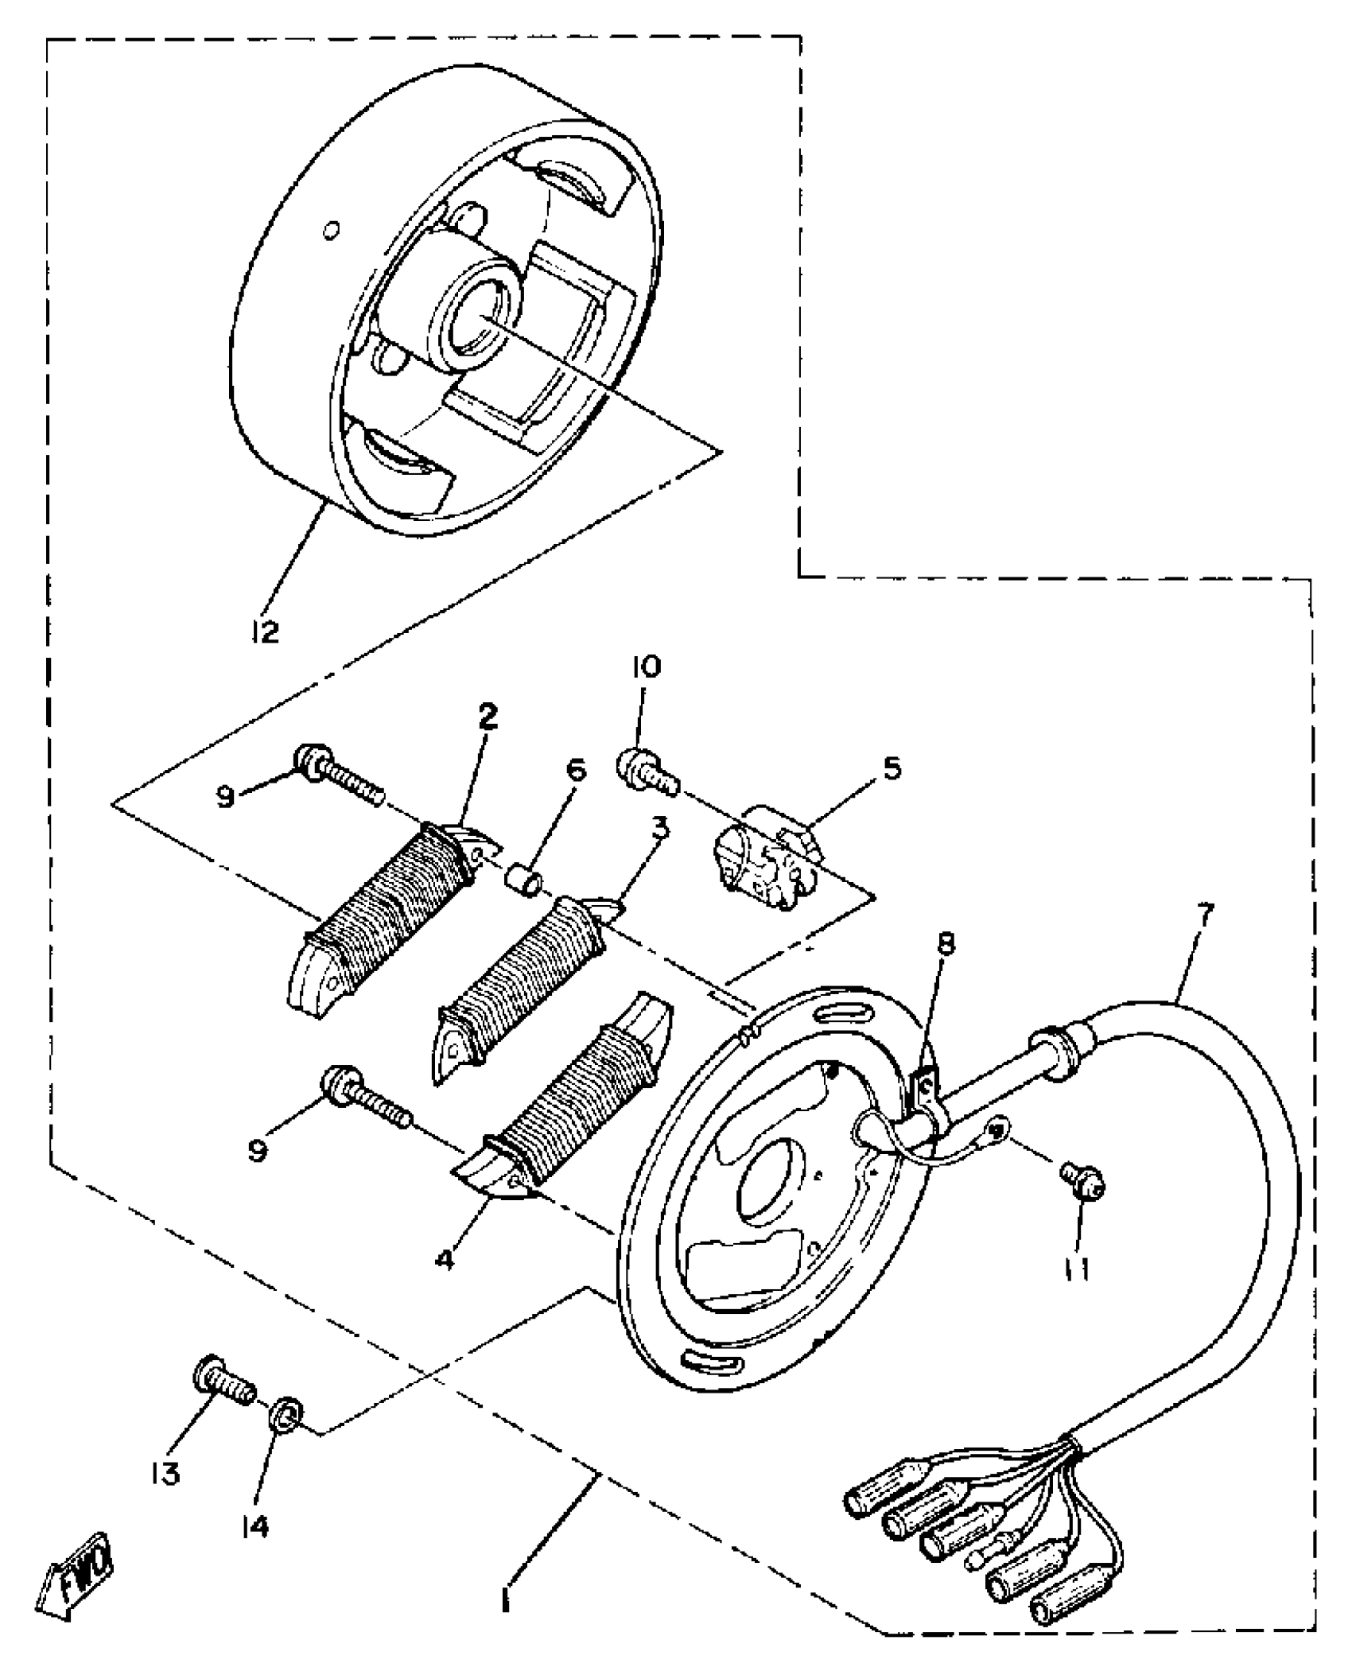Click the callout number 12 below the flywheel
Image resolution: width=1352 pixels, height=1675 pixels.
[265, 632]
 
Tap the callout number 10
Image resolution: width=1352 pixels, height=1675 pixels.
[646, 667]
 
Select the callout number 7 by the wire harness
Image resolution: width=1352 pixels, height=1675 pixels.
[1204, 915]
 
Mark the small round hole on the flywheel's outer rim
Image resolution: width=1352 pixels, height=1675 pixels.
[332, 231]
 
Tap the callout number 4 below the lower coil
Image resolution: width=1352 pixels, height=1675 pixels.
[446, 1259]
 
